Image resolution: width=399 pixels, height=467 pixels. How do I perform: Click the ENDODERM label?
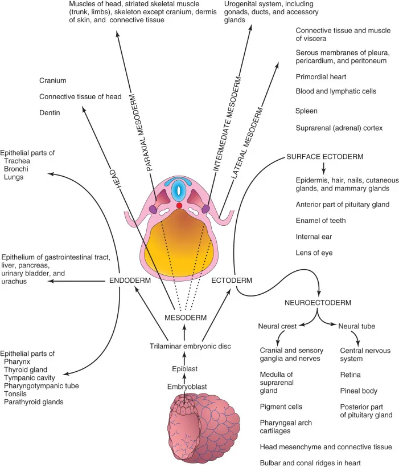(x=130, y=281)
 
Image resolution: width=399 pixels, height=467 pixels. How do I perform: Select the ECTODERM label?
(x=232, y=281)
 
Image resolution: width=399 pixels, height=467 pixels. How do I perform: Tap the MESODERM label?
(x=186, y=318)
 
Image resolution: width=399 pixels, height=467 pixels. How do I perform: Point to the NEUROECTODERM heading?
(x=318, y=303)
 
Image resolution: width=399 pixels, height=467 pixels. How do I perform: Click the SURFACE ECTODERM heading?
(x=324, y=157)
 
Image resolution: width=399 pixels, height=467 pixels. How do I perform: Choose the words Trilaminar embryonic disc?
(x=190, y=346)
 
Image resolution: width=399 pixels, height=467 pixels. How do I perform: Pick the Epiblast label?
(x=184, y=369)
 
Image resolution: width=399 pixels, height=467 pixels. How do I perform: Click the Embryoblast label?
(x=187, y=387)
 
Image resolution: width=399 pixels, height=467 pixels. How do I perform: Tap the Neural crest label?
(x=277, y=326)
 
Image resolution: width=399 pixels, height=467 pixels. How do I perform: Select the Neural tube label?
(x=356, y=326)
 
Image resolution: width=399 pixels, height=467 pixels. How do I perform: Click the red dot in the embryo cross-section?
(x=179, y=205)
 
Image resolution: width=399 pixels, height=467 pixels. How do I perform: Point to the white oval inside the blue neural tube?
(x=178, y=190)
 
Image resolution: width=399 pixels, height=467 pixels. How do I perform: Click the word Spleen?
(x=306, y=111)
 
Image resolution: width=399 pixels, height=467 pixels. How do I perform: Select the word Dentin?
(x=50, y=112)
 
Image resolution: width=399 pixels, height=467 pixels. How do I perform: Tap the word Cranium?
(x=52, y=80)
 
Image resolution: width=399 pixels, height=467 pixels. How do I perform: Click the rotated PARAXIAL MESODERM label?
(x=141, y=132)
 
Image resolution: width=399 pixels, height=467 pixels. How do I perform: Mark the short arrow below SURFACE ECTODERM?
(x=323, y=168)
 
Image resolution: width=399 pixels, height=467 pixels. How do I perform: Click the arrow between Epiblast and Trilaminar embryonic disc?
(x=184, y=358)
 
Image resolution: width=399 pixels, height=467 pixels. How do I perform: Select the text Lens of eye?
(x=314, y=253)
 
